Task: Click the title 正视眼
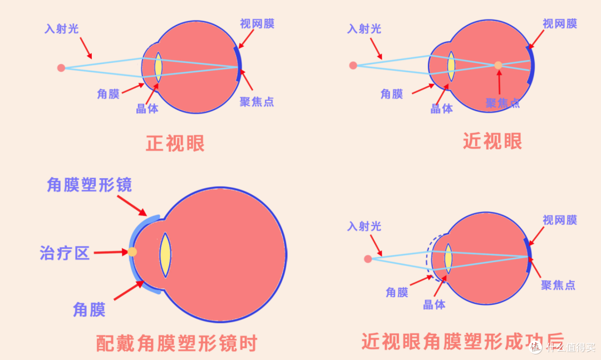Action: pos(175,144)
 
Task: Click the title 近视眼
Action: pos(492,141)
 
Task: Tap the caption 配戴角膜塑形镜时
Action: pos(176,343)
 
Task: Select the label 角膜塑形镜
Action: pos(89,185)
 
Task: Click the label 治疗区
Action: pos(65,253)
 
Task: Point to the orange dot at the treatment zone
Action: pos(132,252)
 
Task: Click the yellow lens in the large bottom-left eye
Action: pos(165,255)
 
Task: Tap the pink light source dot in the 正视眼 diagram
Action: pos(61,68)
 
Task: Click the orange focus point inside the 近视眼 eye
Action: pos(498,65)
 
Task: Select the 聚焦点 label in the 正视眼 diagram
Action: pos(257,102)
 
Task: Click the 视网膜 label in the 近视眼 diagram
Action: pos(560,24)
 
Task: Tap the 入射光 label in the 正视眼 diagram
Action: pos(61,29)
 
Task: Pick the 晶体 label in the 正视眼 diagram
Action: pos(147,109)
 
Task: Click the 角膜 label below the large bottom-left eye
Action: pos(89,309)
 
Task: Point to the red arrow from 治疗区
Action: pos(111,252)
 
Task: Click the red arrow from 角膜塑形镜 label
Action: pos(132,206)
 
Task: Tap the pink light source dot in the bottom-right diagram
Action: pos(368,259)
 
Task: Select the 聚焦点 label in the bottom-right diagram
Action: pos(558,285)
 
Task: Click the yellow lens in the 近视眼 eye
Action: pos(451,66)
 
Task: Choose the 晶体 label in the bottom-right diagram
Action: pos(434,305)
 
